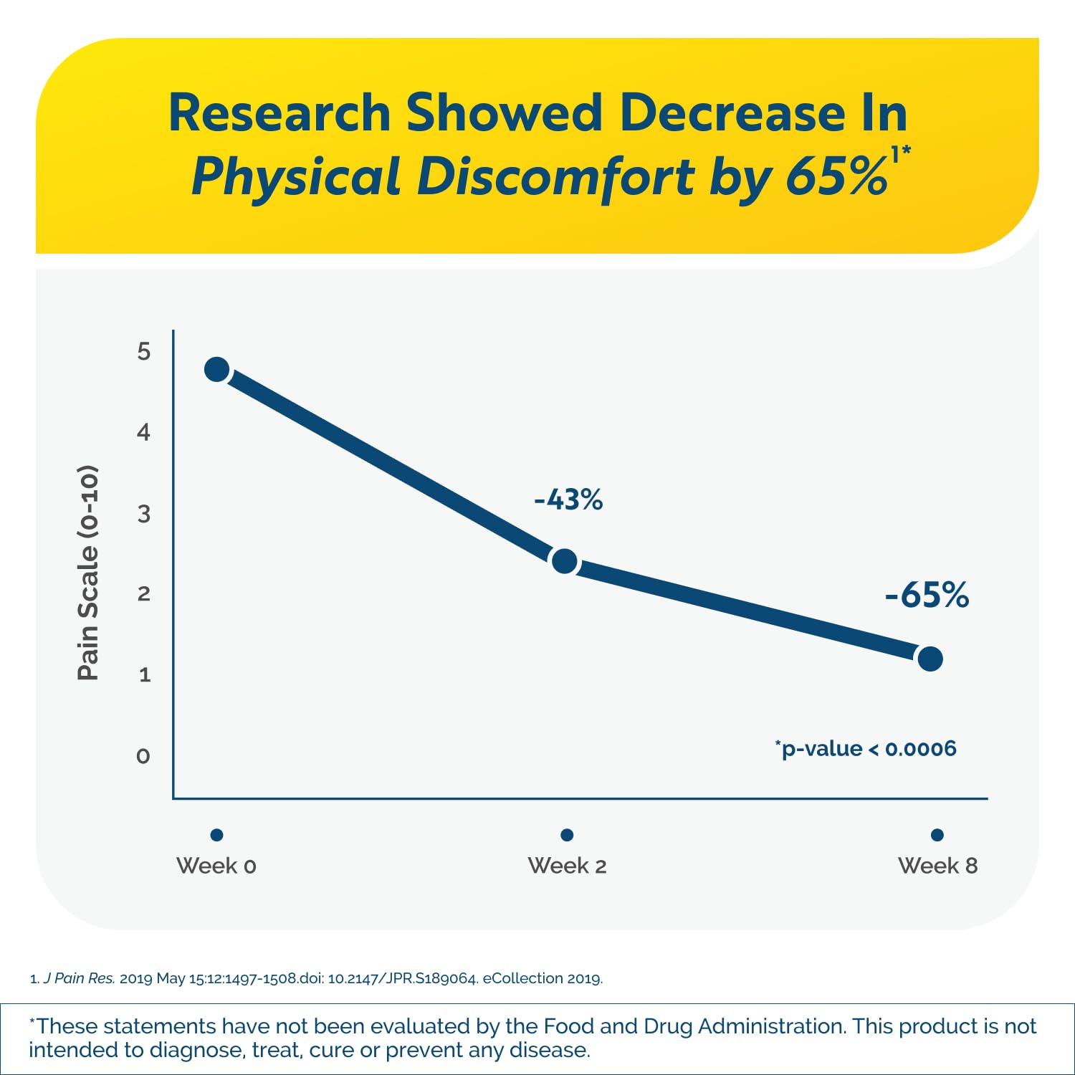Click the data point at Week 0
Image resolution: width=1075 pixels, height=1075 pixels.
tap(217, 370)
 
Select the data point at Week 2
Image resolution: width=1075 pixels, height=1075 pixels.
tap(565, 561)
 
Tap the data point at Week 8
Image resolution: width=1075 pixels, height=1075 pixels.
tap(930, 659)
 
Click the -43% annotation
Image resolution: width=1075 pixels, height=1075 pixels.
tap(568, 500)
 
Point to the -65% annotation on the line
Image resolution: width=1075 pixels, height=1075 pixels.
tap(927, 595)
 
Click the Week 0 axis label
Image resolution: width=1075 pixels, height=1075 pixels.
tap(216, 866)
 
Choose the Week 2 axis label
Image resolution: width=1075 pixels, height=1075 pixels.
tap(567, 866)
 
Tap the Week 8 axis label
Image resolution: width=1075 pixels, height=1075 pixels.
tap(937, 866)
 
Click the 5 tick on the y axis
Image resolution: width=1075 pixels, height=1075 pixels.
tap(144, 351)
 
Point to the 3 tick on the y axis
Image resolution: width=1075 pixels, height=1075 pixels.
tap(144, 514)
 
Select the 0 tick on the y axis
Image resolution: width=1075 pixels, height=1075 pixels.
tap(143, 756)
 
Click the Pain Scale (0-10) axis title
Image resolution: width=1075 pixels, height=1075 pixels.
tap(87, 573)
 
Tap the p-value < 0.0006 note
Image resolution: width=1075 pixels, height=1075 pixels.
tap(866, 748)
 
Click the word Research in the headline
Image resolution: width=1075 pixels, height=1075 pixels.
tap(279, 113)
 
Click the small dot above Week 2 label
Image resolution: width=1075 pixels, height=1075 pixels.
tap(567, 835)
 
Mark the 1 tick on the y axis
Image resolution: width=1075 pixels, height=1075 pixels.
tap(145, 674)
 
